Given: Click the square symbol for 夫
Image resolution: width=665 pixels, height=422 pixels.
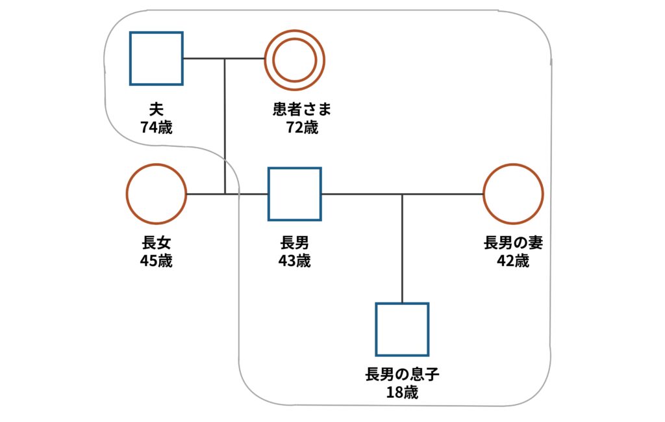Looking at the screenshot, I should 156,59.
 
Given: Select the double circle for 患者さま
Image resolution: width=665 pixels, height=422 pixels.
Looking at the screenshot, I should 294,60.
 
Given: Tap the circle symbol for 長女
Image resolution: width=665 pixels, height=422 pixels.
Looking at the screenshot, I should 156,194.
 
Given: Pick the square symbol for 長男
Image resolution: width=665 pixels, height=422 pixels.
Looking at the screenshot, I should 294,194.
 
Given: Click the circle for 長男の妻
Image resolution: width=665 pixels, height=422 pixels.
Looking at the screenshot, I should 513,194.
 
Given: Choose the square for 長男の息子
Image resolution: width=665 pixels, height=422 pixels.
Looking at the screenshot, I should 402,330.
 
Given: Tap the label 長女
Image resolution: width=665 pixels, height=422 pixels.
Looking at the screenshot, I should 156,244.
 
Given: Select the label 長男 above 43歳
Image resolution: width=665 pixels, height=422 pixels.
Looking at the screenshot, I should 294,244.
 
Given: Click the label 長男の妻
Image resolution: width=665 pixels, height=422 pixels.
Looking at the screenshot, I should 513,244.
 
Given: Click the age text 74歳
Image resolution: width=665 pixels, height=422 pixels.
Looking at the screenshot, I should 156,127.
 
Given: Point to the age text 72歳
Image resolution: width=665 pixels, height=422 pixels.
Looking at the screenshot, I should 302,127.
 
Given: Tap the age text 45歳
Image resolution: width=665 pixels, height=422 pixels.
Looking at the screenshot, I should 156,261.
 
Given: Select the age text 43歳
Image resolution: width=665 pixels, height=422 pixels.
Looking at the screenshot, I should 294,261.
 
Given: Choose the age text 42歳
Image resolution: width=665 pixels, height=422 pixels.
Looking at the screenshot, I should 513,261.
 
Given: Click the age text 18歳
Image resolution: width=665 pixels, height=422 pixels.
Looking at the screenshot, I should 403,393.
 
